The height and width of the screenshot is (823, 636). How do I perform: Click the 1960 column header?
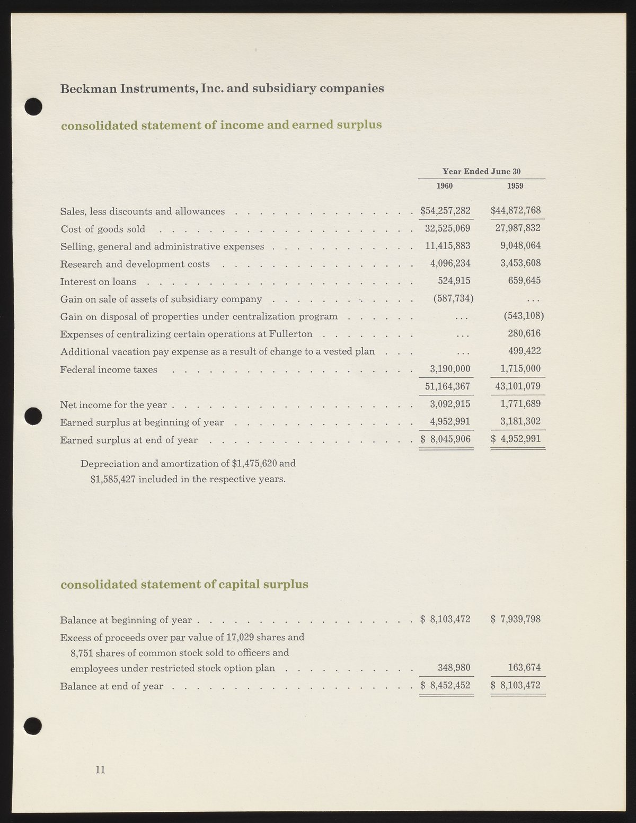(x=444, y=186)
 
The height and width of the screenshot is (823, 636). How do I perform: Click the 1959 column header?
(x=515, y=186)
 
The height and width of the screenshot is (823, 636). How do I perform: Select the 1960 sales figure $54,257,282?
(x=445, y=211)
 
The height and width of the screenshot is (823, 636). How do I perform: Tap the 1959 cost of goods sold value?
(x=517, y=228)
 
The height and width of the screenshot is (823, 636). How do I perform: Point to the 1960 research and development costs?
(x=448, y=263)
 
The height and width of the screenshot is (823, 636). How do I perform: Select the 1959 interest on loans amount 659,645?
(x=524, y=281)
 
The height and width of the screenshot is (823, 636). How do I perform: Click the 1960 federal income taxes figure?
(x=450, y=369)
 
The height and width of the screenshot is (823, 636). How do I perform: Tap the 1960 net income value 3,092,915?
(x=450, y=404)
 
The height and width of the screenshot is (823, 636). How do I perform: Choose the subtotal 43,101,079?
(x=517, y=386)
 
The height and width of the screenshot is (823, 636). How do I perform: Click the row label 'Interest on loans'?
(x=98, y=282)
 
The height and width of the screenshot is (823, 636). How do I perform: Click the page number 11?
(x=100, y=770)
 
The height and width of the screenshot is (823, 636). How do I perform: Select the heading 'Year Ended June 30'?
(x=481, y=171)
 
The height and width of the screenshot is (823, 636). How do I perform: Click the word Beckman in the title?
(x=88, y=89)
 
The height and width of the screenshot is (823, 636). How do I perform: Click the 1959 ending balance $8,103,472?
(x=516, y=685)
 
